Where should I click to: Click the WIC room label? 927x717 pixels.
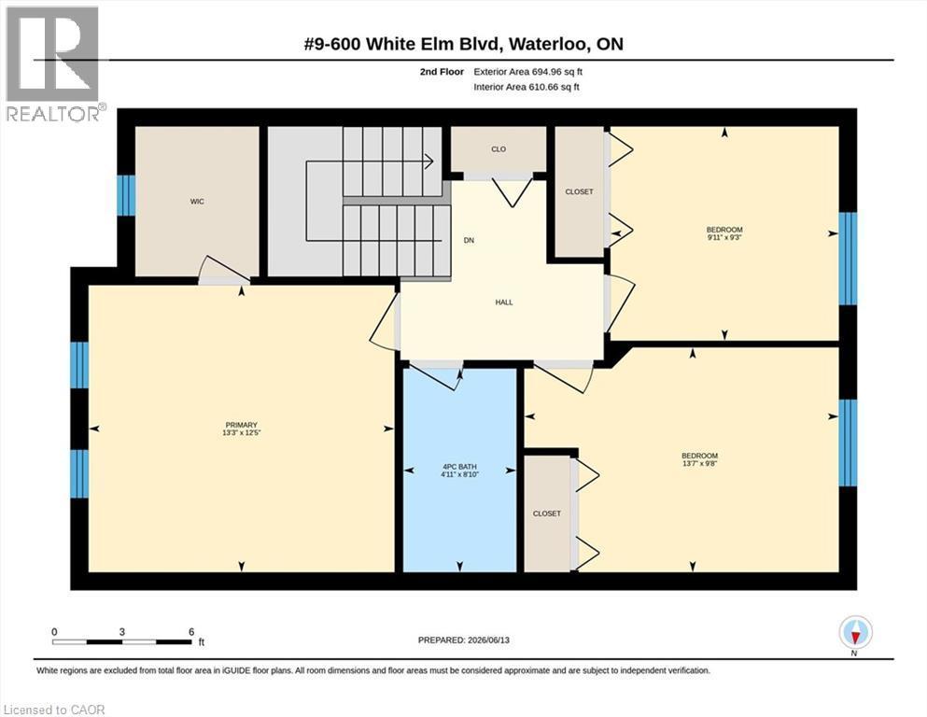[x=197, y=202]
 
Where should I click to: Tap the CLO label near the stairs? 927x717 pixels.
[x=499, y=149]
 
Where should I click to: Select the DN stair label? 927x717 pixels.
[x=469, y=240]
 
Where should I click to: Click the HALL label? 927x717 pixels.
[x=504, y=302]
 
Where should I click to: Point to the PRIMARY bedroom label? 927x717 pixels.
[x=241, y=425]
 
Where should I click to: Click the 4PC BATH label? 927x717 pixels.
[x=459, y=467]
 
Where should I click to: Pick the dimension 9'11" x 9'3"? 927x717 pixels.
[x=724, y=237]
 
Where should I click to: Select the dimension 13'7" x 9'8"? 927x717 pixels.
[x=699, y=463]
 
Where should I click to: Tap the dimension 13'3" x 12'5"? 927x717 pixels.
[x=241, y=432]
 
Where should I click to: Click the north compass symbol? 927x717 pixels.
[x=855, y=633]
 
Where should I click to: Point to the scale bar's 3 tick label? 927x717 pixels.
[x=121, y=632]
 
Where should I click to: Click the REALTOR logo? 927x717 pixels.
[x=53, y=63]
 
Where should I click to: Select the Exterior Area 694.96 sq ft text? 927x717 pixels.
[x=528, y=72]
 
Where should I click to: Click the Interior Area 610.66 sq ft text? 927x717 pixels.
[x=527, y=87]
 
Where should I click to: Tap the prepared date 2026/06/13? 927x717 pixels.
[x=488, y=640]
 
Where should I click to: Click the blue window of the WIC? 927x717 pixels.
[x=126, y=195]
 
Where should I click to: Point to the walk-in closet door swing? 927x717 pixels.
[x=223, y=270]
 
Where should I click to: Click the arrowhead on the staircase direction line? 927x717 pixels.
[x=429, y=161]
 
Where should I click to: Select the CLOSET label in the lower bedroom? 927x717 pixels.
[x=546, y=513]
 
